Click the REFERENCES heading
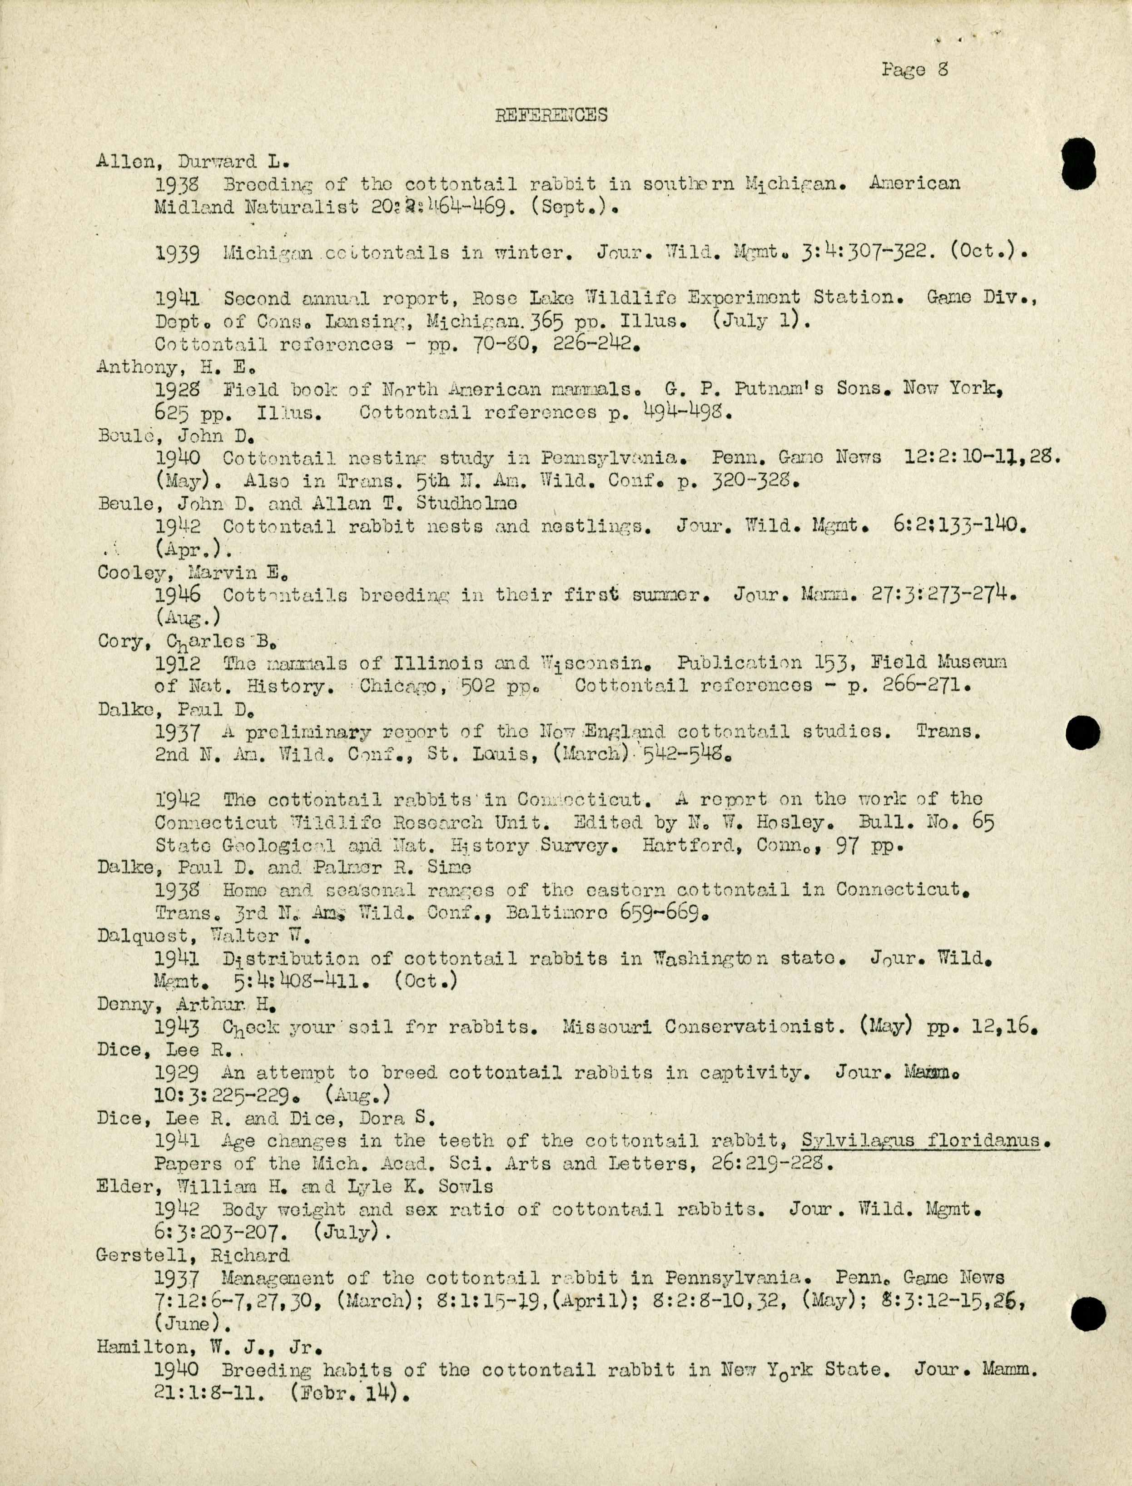pos(551,115)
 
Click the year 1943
pos(177,1026)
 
